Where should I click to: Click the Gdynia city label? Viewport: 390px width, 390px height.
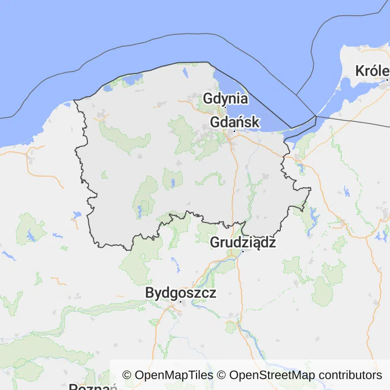tap(225, 98)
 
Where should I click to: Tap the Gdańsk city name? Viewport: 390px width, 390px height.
tap(235, 122)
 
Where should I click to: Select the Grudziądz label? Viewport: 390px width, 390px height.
tap(243, 243)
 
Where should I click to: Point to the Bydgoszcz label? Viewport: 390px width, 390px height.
tap(180, 293)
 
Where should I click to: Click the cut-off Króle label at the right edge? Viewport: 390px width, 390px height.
tap(372, 71)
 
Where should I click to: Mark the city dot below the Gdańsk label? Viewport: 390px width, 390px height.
tap(234, 132)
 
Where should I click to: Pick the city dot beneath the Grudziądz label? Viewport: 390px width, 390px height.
tap(243, 252)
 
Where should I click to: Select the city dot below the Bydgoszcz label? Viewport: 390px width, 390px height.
tap(180, 302)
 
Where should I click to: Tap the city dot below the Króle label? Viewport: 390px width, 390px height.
tap(386, 79)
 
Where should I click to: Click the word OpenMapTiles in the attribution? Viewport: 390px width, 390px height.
tap(174, 375)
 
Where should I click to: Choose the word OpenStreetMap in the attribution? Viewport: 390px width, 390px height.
tap(272, 375)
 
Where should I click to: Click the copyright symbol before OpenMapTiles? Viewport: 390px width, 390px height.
tap(127, 375)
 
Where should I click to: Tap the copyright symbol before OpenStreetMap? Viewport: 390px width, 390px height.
tap(221, 375)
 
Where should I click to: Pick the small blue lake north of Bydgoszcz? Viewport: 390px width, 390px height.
tap(176, 264)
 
